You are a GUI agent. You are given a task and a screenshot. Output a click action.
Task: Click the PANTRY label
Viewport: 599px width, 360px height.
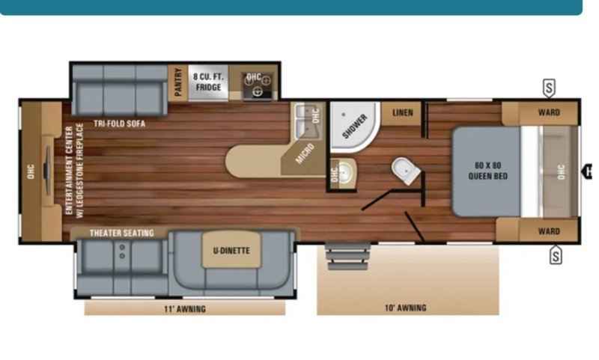[x=178, y=82]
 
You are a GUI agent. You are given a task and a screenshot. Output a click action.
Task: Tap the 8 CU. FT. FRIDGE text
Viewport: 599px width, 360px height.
[x=208, y=82]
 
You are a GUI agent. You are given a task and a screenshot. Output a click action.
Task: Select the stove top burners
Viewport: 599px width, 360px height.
[x=257, y=85]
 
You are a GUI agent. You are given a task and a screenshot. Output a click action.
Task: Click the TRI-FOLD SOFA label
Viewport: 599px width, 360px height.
[x=120, y=123]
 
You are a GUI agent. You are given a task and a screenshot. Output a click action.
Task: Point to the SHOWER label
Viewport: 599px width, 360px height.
[x=354, y=126]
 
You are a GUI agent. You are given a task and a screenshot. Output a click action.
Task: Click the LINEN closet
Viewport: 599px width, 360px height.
[x=402, y=113]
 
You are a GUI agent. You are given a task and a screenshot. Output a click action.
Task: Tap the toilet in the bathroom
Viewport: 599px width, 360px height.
[x=406, y=171]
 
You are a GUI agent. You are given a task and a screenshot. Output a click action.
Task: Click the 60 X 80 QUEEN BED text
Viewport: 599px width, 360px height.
[x=488, y=171]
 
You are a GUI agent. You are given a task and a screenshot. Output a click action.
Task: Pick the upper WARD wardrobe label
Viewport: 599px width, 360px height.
[x=549, y=112]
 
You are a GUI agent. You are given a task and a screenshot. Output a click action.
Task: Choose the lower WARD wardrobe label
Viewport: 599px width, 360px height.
[x=549, y=231]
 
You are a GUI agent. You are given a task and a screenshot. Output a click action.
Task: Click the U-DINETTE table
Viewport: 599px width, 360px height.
[x=231, y=250]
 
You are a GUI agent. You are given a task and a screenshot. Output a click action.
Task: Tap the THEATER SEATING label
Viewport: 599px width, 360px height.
[x=122, y=233]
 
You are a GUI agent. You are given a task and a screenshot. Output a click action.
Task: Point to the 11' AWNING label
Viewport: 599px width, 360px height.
[x=185, y=309]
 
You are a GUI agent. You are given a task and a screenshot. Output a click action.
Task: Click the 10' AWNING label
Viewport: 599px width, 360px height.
[x=405, y=308]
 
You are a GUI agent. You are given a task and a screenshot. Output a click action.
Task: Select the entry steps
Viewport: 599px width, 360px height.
[x=347, y=257]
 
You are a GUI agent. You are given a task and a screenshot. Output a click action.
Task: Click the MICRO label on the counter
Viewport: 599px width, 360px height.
[x=305, y=153]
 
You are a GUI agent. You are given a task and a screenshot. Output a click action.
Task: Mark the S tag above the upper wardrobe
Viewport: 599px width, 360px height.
[x=549, y=88]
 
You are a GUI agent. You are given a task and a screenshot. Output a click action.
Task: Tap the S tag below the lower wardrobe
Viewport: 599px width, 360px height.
[x=556, y=255]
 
